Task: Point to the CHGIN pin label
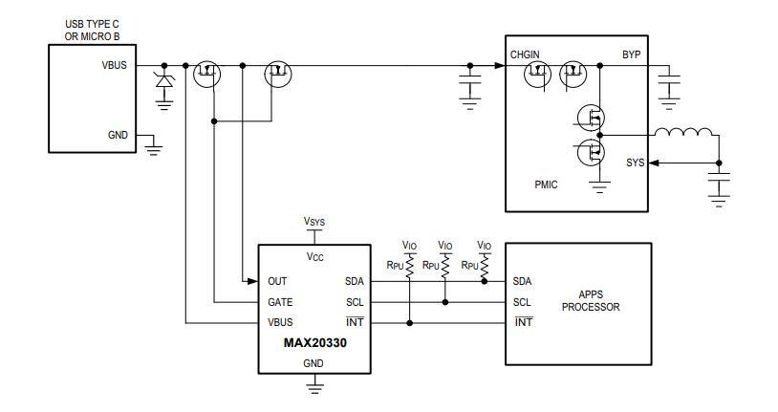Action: pyautogui.click(x=526, y=54)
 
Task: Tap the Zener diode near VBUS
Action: pyautogui.click(x=164, y=83)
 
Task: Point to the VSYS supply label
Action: pyautogui.click(x=314, y=222)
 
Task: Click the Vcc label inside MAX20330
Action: pyautogui.click(x=314, y=257)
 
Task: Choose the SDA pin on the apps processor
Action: pyautogui.click(x=523, y=282)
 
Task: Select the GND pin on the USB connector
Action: pyautogui.click(x=118, y=135)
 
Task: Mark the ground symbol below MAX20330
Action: pyautogui.click(x=314, y=385)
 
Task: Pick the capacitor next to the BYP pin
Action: pyautogui.click(x=670, y=85)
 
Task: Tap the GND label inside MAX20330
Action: pyautogui.click(x=314, y=363)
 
